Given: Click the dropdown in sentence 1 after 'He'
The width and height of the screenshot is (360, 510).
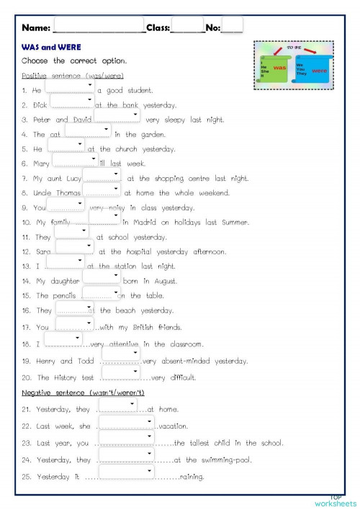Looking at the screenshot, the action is (x=70, y=86).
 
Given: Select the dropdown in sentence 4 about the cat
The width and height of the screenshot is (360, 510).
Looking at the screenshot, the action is (x=88, y=130).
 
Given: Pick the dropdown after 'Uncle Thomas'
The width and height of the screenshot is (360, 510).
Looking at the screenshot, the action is (x=101, y=189).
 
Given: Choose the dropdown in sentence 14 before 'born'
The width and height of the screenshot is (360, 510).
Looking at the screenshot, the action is (x=106, y=277).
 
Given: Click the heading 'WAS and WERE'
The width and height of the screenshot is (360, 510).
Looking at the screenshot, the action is (x=45, y=47).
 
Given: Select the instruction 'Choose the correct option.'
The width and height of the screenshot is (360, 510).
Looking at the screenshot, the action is (x=74, y=61).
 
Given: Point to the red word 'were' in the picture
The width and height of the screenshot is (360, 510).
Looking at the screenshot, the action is (x=319, y=71).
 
